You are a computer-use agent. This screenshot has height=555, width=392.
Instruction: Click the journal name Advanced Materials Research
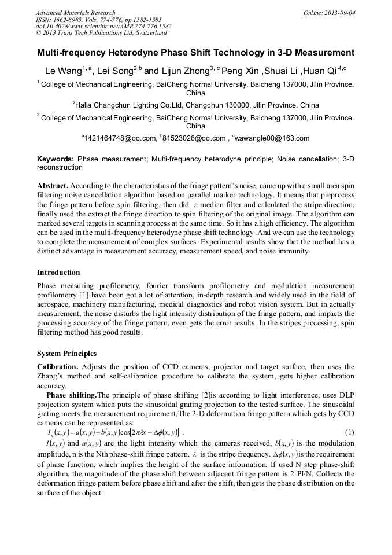point(76,13)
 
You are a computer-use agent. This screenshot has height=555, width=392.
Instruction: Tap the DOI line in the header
point(103,26)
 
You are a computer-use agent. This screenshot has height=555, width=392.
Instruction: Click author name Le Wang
point(61,71)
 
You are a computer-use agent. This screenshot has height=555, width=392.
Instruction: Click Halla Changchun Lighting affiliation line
point(195,105)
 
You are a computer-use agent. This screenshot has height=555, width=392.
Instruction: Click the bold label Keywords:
point(56,158)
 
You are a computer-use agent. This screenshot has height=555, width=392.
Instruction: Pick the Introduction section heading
point(58,272)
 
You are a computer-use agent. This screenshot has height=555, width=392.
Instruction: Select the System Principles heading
point(67,353)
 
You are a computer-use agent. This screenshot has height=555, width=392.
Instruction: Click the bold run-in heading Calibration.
point(58,367)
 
